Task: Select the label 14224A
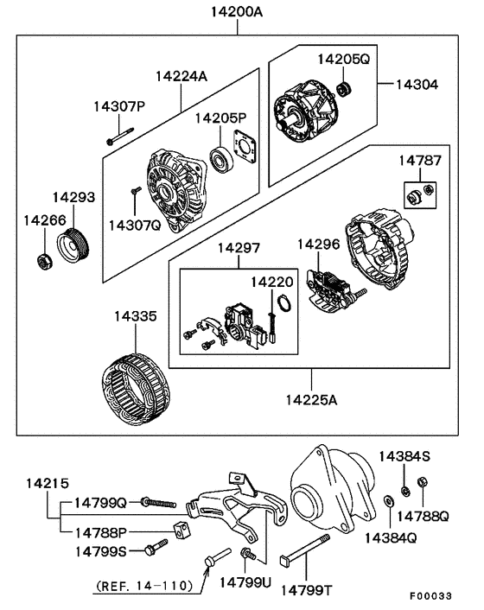click(x=181, y=76)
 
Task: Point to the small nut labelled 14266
click(x=42, y=259)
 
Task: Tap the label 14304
click(x=417, y=85)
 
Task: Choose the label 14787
click(x=420, y=160)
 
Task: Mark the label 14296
click(x=319, y=245)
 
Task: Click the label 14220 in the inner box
click(x=272, y=282)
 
